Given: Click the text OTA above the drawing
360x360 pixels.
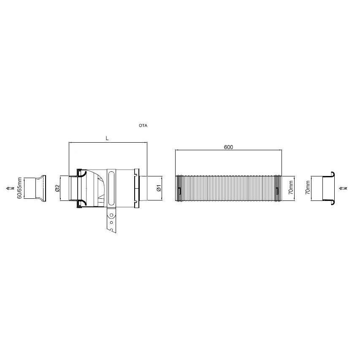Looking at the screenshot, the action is [x=143, y=126].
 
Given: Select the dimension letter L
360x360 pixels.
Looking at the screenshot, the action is [x=107, y=138].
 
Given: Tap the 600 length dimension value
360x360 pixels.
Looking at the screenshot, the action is [x=228, y=147].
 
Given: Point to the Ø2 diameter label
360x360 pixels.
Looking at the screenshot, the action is [x=57, y=188].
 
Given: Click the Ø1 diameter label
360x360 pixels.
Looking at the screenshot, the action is [x=159, y=188].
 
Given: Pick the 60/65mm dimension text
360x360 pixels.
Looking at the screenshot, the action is [x=20, y=188].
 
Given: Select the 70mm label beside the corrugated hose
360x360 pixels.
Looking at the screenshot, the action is [x=291, y=187].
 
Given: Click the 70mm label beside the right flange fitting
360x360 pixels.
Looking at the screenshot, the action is [x=308, y=187].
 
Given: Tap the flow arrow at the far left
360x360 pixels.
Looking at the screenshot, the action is [x=10, y=188].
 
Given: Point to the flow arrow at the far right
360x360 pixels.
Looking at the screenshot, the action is [x=343, y=188].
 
